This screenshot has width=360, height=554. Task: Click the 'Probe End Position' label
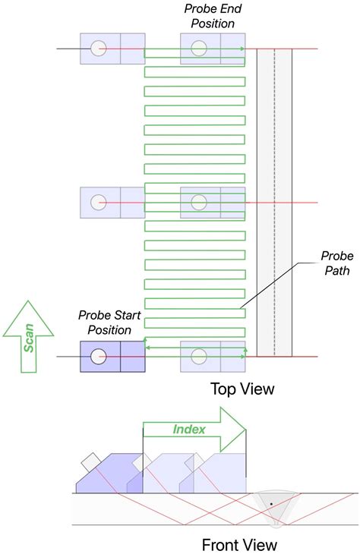(209, 16)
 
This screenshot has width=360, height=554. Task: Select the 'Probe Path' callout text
(331, 263)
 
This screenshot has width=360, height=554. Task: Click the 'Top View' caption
(242, 389)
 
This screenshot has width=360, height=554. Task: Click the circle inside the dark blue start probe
(97, 356)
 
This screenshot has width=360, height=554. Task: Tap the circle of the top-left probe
(97, 49)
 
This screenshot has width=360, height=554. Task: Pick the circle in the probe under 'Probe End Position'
(200, 49)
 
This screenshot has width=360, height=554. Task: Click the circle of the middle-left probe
(97, 203)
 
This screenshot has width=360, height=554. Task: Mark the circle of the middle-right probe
(200, 203)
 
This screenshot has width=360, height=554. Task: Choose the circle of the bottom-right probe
(200, 356)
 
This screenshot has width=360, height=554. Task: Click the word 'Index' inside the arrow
(189, 430)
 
